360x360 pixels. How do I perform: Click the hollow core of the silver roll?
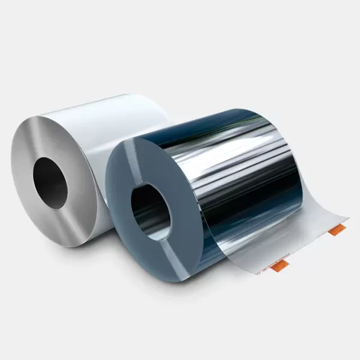pyautogui.click(x=52, y=181)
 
